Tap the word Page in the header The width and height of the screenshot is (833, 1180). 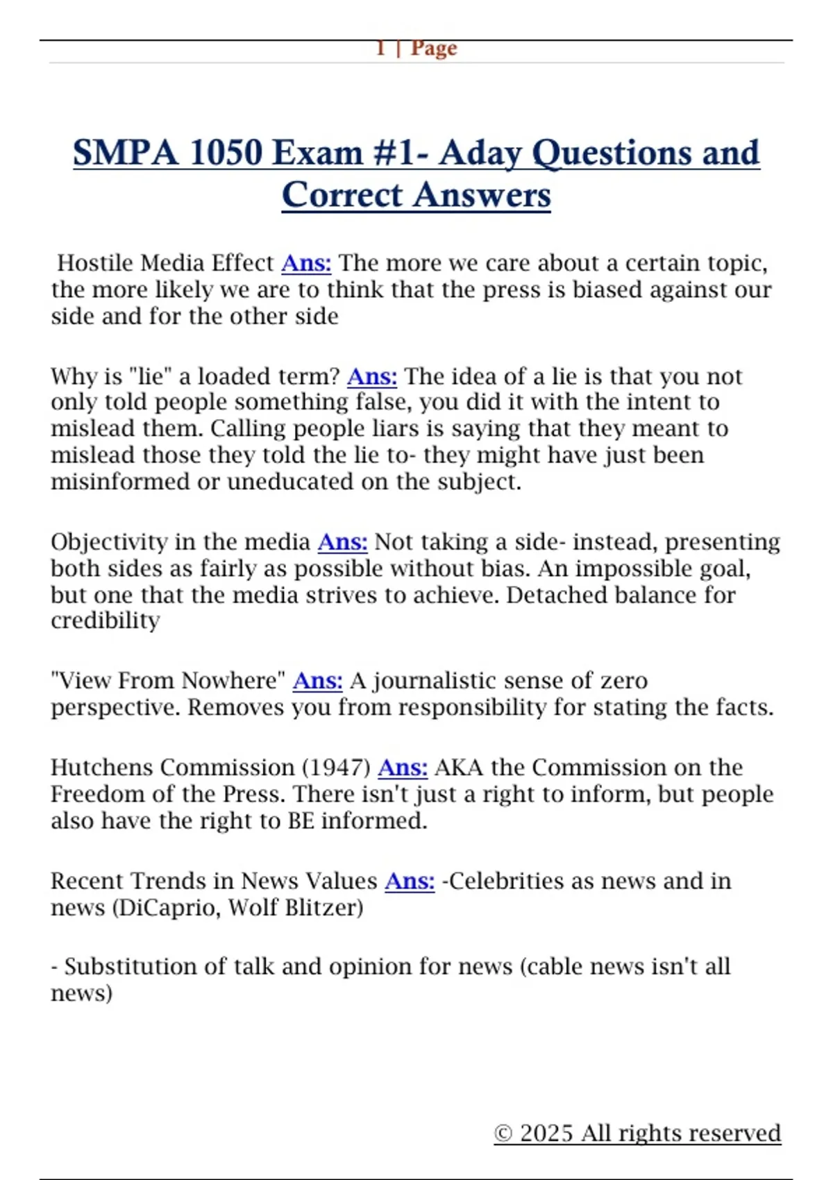[x=434, y=48]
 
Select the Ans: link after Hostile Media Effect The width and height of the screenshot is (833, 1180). [x=306, y=263]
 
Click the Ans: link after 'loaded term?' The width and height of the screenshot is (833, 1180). [x=372, y=376]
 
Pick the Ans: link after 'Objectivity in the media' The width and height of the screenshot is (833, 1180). [x=342, y=541]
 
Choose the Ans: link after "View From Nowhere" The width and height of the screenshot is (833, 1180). [x=317, y=680]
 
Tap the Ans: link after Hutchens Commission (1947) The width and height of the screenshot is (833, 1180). [x=403, y=767]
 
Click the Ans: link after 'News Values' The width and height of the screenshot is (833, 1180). [x=410, y=880]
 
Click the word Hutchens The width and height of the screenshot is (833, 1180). [x=102, y=767]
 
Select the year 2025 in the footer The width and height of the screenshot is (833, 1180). [x=547, y=1133]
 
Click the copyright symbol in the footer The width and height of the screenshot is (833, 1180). [x=503, y=1133]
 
